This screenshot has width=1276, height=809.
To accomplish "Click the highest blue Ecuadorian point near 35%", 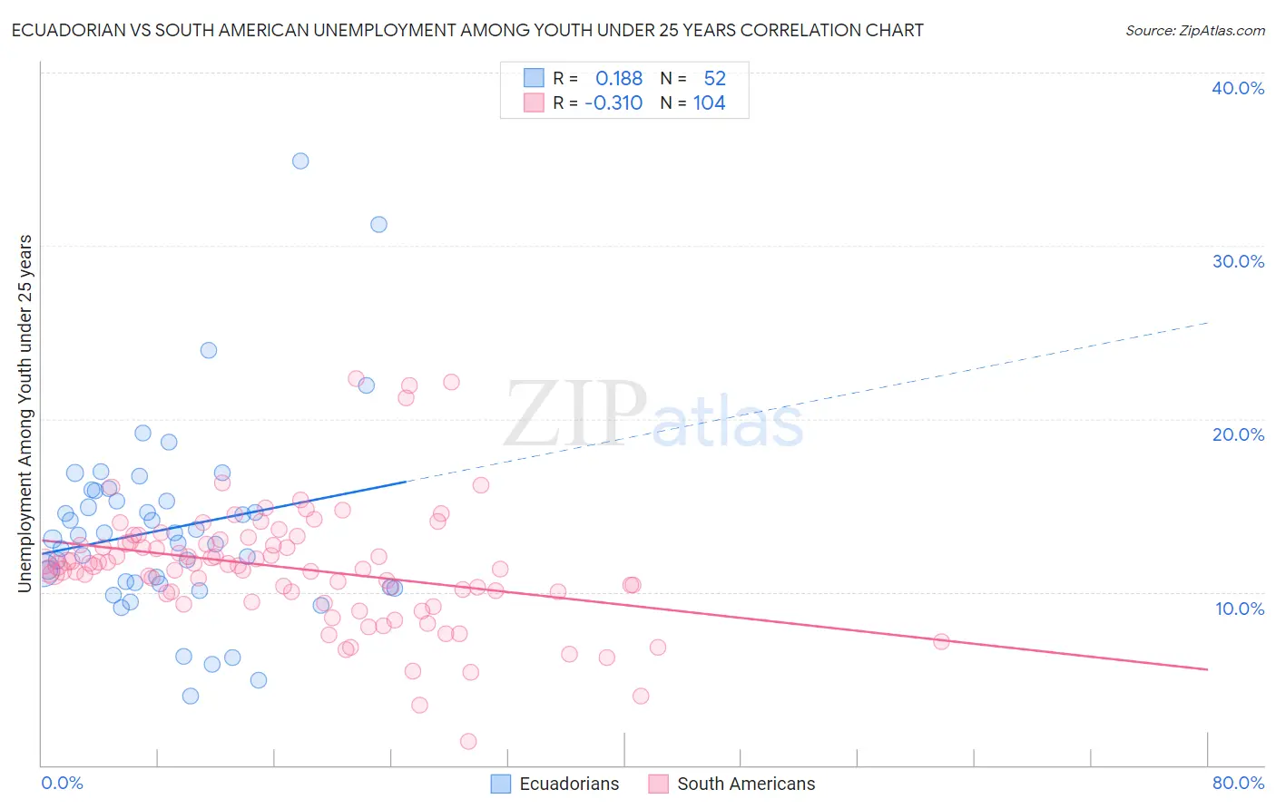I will (300, 161).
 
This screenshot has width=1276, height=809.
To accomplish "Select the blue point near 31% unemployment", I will (378, 224).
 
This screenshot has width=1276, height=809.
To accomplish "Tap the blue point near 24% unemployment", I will (209, 350).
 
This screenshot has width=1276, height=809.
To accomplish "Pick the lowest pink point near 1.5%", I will (468, 741).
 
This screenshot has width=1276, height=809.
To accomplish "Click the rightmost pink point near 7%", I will (941, 641).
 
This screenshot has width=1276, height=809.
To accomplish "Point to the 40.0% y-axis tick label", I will (1238, 88).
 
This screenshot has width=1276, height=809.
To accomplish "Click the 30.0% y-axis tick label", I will (1238, 261).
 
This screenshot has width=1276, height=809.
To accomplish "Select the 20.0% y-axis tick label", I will (1238, 434).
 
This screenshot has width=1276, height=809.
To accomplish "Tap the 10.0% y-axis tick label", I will (1240, 609).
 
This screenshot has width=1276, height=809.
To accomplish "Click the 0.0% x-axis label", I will (62, 783).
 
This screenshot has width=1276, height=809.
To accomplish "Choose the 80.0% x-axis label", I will (1238, 783).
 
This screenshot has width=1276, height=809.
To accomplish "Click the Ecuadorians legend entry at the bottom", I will (555, 784).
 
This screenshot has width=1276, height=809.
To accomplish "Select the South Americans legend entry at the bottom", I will (732, 784).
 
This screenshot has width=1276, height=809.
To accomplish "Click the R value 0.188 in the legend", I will (619, 79).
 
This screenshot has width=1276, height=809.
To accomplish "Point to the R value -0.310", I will (613, 103).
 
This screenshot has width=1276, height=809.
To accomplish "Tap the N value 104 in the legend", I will (709, 103).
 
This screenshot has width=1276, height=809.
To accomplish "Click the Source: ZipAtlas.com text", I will (1194, 30).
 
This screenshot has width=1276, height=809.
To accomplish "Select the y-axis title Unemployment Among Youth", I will (25, 413).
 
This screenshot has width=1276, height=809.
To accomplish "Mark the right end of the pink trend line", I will (1208, 669).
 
